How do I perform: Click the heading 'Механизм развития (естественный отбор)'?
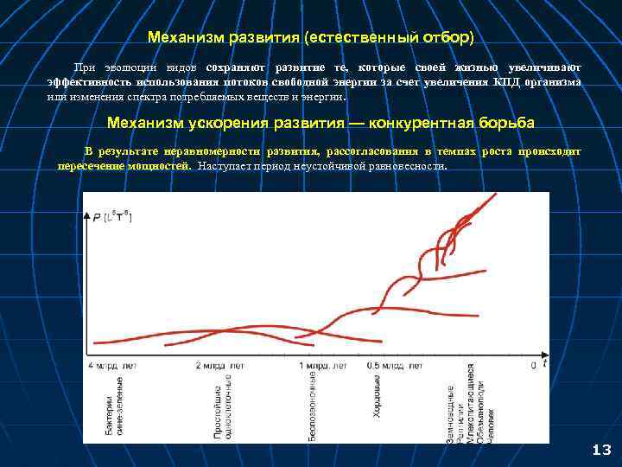click(310, 38)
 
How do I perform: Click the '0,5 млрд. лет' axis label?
click(395, 366)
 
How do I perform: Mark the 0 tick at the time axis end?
click(533, 366)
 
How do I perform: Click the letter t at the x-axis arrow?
click(548, 364)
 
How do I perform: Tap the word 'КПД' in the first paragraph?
click(507, 83)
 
